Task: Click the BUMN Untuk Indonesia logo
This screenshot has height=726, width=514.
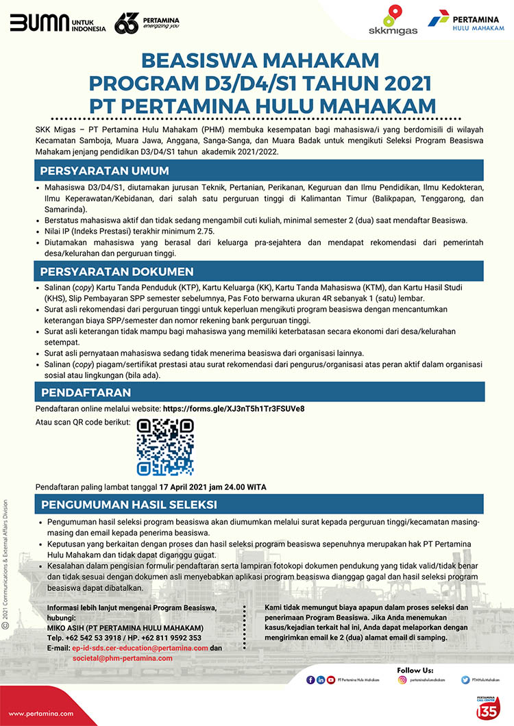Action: pos(58,25)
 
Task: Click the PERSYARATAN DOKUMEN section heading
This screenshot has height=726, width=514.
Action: pos(117,272)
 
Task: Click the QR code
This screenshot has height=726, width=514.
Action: pos(165,447)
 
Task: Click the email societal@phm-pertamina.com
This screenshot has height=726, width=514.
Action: pos(123,658)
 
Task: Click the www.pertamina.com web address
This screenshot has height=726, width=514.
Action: pos(40,713)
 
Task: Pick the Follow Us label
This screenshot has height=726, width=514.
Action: pos(415,669)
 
